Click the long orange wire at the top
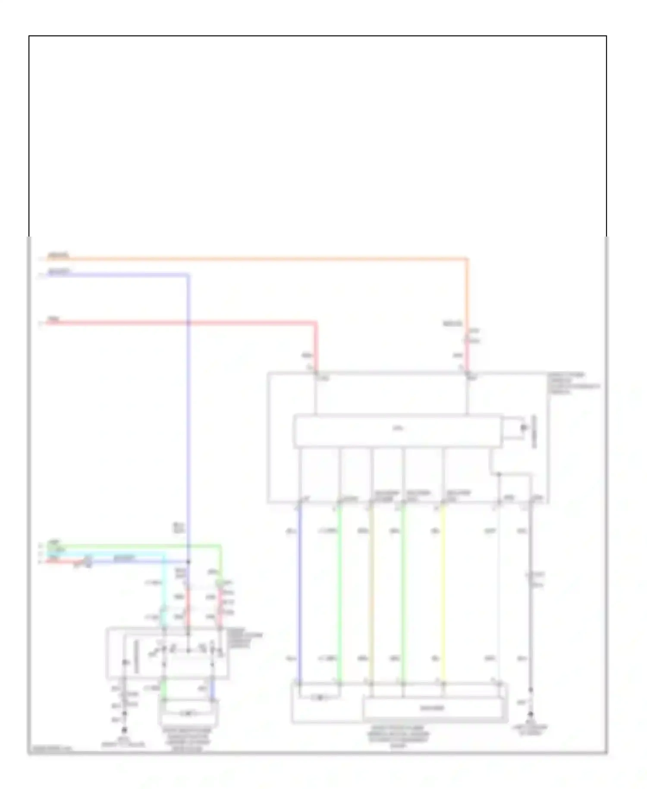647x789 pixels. (259, 259)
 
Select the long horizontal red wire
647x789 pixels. (173, 322)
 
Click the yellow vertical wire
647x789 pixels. (443, 596)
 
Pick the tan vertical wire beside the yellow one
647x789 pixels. (371, 596)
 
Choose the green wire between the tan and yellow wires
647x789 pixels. (403, 596)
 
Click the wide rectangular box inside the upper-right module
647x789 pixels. (397, 430)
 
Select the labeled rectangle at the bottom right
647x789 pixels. (433, 708)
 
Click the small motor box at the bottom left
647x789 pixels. (188, 713)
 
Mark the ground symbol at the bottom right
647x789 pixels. (531, 716)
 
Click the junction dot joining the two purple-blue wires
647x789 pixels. (188, 562)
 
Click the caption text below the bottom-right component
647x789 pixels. (399, 736)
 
